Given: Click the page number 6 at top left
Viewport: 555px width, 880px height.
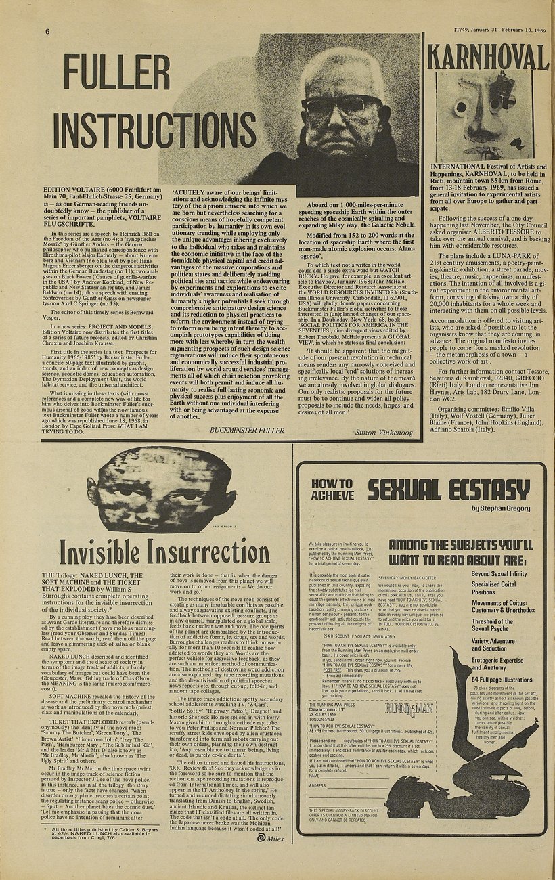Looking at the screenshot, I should pyautogui.click(x=48, y=32).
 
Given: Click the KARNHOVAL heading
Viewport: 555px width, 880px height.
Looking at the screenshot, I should pyautogui.click(x=488, y=57).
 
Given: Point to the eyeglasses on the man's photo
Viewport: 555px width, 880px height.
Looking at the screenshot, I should pyautogui.click(x=342, y=106).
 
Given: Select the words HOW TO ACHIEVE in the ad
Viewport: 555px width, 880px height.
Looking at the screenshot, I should pyautogui.click(x=332, y=489).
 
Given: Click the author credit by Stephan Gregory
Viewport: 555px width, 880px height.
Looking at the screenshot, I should pyautogui.click(x=501, y=508).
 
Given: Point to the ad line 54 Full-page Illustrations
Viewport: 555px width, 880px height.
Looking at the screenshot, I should pyautogui.click(x=502, y=679).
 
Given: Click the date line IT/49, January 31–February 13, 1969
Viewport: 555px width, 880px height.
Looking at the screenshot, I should pyautogui.click(x=500, y=31).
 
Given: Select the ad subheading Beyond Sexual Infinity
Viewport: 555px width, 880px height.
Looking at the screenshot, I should pyautogui.click(x=499, y=574).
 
